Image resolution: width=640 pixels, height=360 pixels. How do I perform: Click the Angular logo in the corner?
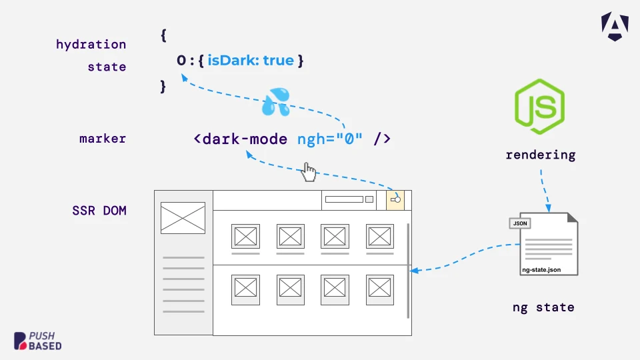tap(615, 27)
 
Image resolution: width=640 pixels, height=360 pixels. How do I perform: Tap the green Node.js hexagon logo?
tap(539, 107)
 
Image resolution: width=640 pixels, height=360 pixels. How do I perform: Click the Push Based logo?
tap(37, 341)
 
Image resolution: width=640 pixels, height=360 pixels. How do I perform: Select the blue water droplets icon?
tap(276, 101)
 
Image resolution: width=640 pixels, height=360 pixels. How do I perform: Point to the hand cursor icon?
tap(309, 172)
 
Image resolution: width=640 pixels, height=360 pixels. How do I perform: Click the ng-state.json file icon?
tap(544, 244)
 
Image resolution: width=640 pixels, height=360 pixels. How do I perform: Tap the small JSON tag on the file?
tap(519, 223)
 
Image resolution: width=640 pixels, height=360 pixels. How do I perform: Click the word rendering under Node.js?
tap(541, 155)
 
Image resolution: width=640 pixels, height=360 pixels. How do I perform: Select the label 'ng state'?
tap(543, 307)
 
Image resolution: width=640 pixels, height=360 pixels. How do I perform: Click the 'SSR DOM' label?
tap(99, 211)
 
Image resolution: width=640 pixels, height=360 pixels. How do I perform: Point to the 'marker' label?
tap(103, 139)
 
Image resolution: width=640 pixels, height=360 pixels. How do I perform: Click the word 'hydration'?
tap(91, 45)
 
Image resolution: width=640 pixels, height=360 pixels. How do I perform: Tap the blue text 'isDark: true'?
tap(251, 61)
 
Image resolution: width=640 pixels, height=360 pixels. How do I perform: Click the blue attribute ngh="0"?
tap(330, 139)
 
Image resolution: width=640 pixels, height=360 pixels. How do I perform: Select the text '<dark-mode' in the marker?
tap(241, 139)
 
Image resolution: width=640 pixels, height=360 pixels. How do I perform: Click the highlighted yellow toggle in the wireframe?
tap(395, 200)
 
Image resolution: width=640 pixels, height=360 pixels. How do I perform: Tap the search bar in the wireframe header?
tap(344, 199)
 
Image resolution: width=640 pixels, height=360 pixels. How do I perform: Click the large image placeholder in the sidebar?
tap(183, 218)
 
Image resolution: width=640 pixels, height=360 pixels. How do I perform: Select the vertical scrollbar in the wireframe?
tap(408, 271)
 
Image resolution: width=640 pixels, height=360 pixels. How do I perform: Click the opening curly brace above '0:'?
tap(164, 35)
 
